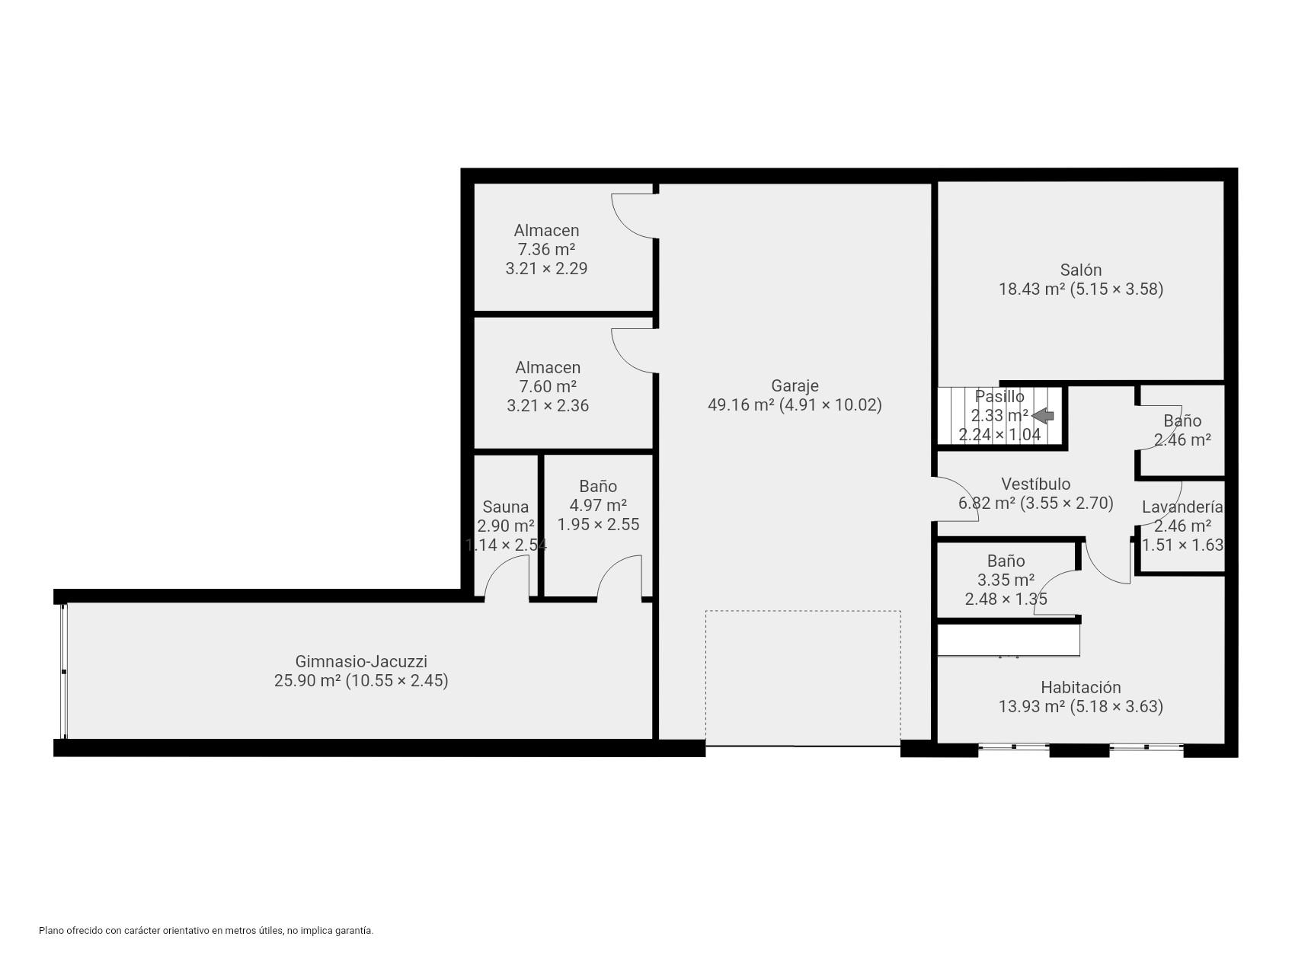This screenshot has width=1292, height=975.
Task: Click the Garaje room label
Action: pyautogui.click(x=795, y=385)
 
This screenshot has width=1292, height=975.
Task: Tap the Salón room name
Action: pyautogui.click(x=1080, y=270)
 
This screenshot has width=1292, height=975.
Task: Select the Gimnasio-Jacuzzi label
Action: pyautogui.click(x=361, y=661)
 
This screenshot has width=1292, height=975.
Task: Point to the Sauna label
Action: pyautogui.click(x=505, y=507)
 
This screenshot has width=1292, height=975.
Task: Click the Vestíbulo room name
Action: pyautogui.click(x=1035, y=484)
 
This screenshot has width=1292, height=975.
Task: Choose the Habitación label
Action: pyautogui.click(x=1080, y=687)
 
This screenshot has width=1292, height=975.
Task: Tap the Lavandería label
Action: pyautogui.click(x=1182, y=507)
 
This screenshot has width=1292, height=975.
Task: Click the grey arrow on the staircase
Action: pyautogui.click(x=1043, y=415)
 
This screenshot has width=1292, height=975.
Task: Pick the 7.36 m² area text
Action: pyautogui.click(x=546, y=249)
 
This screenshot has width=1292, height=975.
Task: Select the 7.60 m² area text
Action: pyautogui.click(x=547, y=386)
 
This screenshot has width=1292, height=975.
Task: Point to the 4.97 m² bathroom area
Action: pyautogui.click(x=598, y=505)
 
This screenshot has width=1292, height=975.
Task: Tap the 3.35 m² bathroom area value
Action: pyautogui.click(x=1006, y=580)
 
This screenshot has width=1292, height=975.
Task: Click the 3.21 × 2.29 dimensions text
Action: pyautogui.click(x=546, y=268)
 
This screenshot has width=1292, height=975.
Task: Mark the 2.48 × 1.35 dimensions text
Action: pyautogui.click(x=1006, y=599)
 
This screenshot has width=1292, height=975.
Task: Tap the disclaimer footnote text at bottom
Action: pyautogui.click(x=206, y=930)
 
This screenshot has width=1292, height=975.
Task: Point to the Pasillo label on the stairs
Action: pyautogui.click(x=999, y=396)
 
